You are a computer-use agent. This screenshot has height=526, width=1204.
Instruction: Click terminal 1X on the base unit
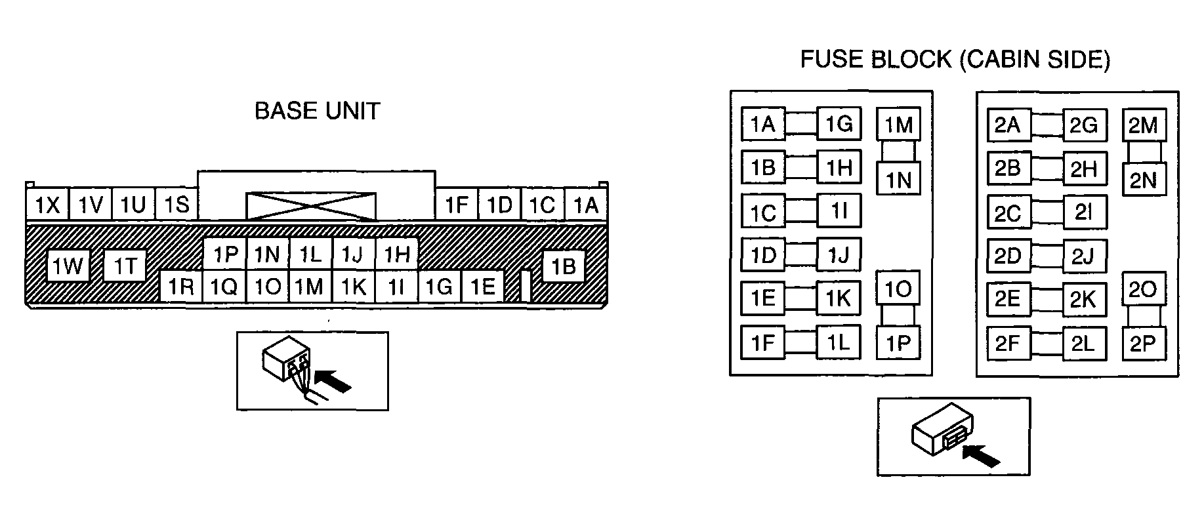click(47, 205)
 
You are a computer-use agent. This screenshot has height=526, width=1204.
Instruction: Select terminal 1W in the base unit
click(68, 266)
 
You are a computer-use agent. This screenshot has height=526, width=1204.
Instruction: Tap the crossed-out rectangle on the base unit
click(310, 206)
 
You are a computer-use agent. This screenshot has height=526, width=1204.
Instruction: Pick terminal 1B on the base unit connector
click(564, 266)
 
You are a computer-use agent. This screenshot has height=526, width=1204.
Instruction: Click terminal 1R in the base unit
click(180, 286)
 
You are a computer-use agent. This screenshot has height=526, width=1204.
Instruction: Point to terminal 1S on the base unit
click(176, 205)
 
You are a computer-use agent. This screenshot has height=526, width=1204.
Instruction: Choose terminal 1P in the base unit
click(224, 254)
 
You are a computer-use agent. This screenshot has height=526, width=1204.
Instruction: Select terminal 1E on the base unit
click(482, 286)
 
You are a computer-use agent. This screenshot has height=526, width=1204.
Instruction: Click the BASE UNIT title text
click(317, 111)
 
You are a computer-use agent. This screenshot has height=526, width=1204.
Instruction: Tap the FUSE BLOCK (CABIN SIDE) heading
click(955, 60)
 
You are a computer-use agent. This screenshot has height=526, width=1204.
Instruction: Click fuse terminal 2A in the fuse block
click(1008, 125)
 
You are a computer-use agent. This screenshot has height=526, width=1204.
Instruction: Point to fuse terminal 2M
click(1144, 125)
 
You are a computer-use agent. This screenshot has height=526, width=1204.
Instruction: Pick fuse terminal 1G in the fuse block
click(839, 124)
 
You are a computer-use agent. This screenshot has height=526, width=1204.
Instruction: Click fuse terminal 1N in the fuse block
click(899, 178)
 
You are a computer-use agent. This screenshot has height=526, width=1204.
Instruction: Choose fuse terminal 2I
click(1085, 212)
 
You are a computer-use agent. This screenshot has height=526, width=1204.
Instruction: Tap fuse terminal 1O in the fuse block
click(899, 288)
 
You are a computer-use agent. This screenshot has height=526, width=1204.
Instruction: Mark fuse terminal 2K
click(1085, 299)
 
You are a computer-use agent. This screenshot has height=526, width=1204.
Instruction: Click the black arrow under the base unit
click(333, 381)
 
